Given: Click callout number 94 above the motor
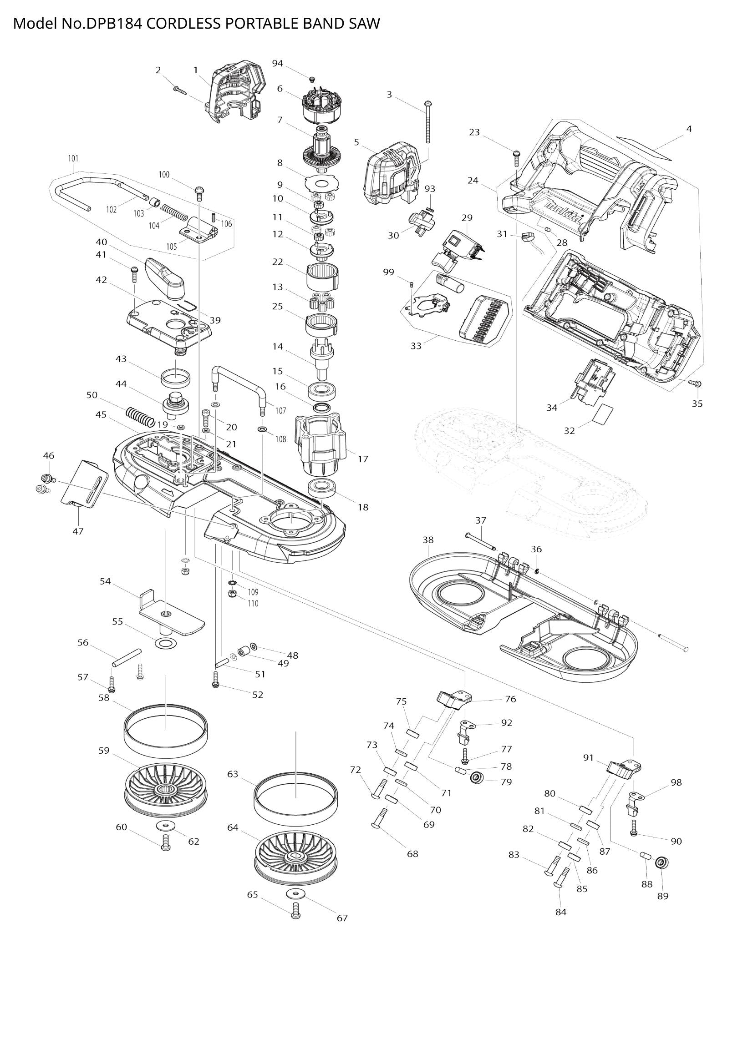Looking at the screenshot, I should pos(277,64).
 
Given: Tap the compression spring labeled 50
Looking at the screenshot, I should pos(140,416).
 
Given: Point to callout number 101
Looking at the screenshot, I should pos(73,158).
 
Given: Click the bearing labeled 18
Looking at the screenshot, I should pos(322,489).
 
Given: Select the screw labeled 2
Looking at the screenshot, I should pos(179,89).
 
